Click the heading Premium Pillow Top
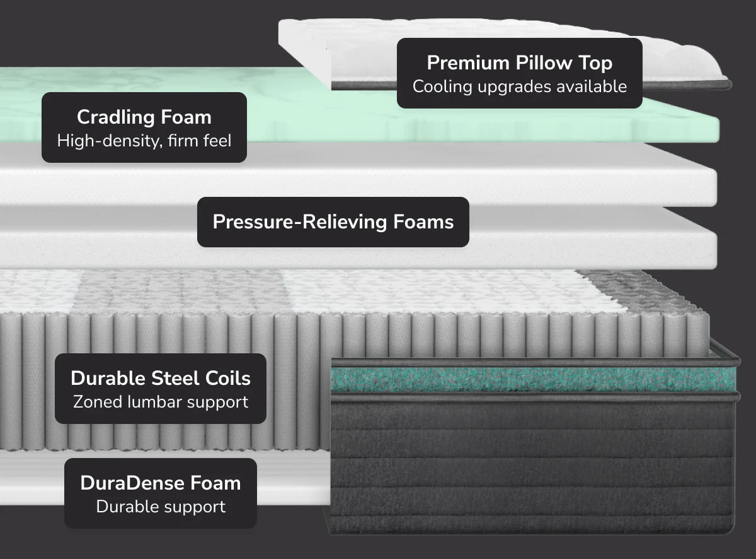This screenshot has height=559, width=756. (x=520, y=63)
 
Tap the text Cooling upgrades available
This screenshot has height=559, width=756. (x=520, y=86)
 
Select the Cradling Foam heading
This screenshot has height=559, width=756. (x=144, y=117)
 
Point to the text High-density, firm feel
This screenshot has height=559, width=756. (x=144, y=141)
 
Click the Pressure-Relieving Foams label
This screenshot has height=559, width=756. (x=333, y=222)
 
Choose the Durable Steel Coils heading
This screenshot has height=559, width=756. (x=161, y=379)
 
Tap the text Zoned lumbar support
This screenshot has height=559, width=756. (x=161, y=402)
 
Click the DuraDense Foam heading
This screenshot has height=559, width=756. (x=161, y=483)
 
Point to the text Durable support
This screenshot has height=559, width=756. (x=161, y=507)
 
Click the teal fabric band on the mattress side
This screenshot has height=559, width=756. (x=534, y=379)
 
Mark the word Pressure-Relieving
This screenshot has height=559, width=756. (x=300, y=222)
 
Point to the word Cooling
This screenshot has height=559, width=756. (x=442, y=86)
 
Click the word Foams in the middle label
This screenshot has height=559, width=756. (x=423, y=222)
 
